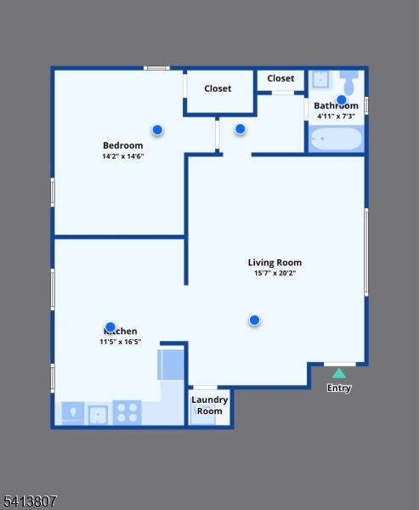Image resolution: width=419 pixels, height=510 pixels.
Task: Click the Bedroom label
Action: click(x=122, y=145)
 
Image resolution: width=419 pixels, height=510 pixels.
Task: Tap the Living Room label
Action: click(x=275, y=263)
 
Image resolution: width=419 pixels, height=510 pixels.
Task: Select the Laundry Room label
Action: click(x=209, y=405)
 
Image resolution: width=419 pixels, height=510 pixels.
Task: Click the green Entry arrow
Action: click(x=338, y=372)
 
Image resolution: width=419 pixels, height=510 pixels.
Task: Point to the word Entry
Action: click(x=339, y=388)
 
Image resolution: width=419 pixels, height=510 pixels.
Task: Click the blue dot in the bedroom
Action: click(x=157, y=129)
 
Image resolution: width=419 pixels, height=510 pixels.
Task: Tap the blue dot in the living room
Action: click(x=254, y=320)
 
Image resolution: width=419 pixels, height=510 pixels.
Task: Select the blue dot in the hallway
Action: click(x=240, y=129)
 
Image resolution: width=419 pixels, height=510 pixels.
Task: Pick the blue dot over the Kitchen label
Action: click(x=110, y=326)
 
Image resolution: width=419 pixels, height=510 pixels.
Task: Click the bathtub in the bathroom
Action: click(x=337, y=139)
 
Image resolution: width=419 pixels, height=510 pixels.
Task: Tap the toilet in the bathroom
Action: click(x=348, y=84)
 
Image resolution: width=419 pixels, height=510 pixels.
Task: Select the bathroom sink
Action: click(x=320, y=80)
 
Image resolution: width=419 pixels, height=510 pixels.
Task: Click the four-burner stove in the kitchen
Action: click(x=127, y=413)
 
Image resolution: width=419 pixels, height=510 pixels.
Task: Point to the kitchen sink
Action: click(x=99, y=414)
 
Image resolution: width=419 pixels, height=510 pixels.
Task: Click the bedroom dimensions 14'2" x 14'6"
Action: click(x=122, y=156)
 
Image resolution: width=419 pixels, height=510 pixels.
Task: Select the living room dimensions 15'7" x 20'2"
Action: click(x=275, y=274)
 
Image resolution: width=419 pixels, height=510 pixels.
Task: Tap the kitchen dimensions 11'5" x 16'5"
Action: click(x=120, y=342)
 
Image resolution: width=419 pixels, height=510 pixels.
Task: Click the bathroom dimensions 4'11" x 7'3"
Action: click(x=336, y=116)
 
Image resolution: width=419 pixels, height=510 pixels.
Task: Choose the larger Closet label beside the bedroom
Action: click(x=218, y=88)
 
